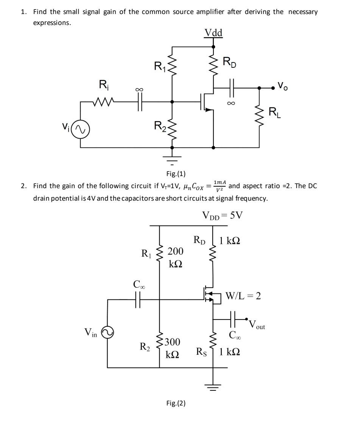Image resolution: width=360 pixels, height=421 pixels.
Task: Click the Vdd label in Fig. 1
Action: (214, 33)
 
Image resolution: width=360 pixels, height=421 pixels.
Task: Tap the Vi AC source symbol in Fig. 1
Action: (81, 130)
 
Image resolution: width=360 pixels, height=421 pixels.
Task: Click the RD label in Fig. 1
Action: (229, 62)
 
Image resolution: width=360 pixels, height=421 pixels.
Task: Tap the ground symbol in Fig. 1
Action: (173, 157)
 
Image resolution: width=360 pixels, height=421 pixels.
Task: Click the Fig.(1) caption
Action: (176, 174)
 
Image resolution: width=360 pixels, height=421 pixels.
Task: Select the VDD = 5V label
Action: (223, 215)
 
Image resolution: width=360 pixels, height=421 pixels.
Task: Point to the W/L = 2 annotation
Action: (243, 296)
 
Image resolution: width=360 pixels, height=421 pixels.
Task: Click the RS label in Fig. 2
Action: (201, 352)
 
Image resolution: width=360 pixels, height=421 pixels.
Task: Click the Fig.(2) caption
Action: (176, 403)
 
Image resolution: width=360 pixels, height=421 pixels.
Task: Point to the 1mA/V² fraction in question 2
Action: (220, 186)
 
